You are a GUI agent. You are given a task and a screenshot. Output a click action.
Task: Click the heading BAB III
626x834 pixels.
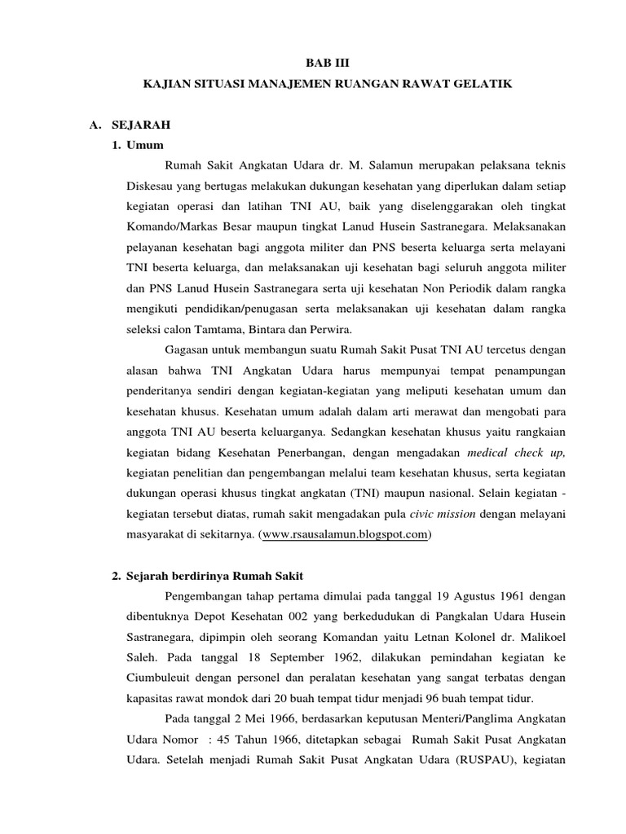[x=331, y=61]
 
